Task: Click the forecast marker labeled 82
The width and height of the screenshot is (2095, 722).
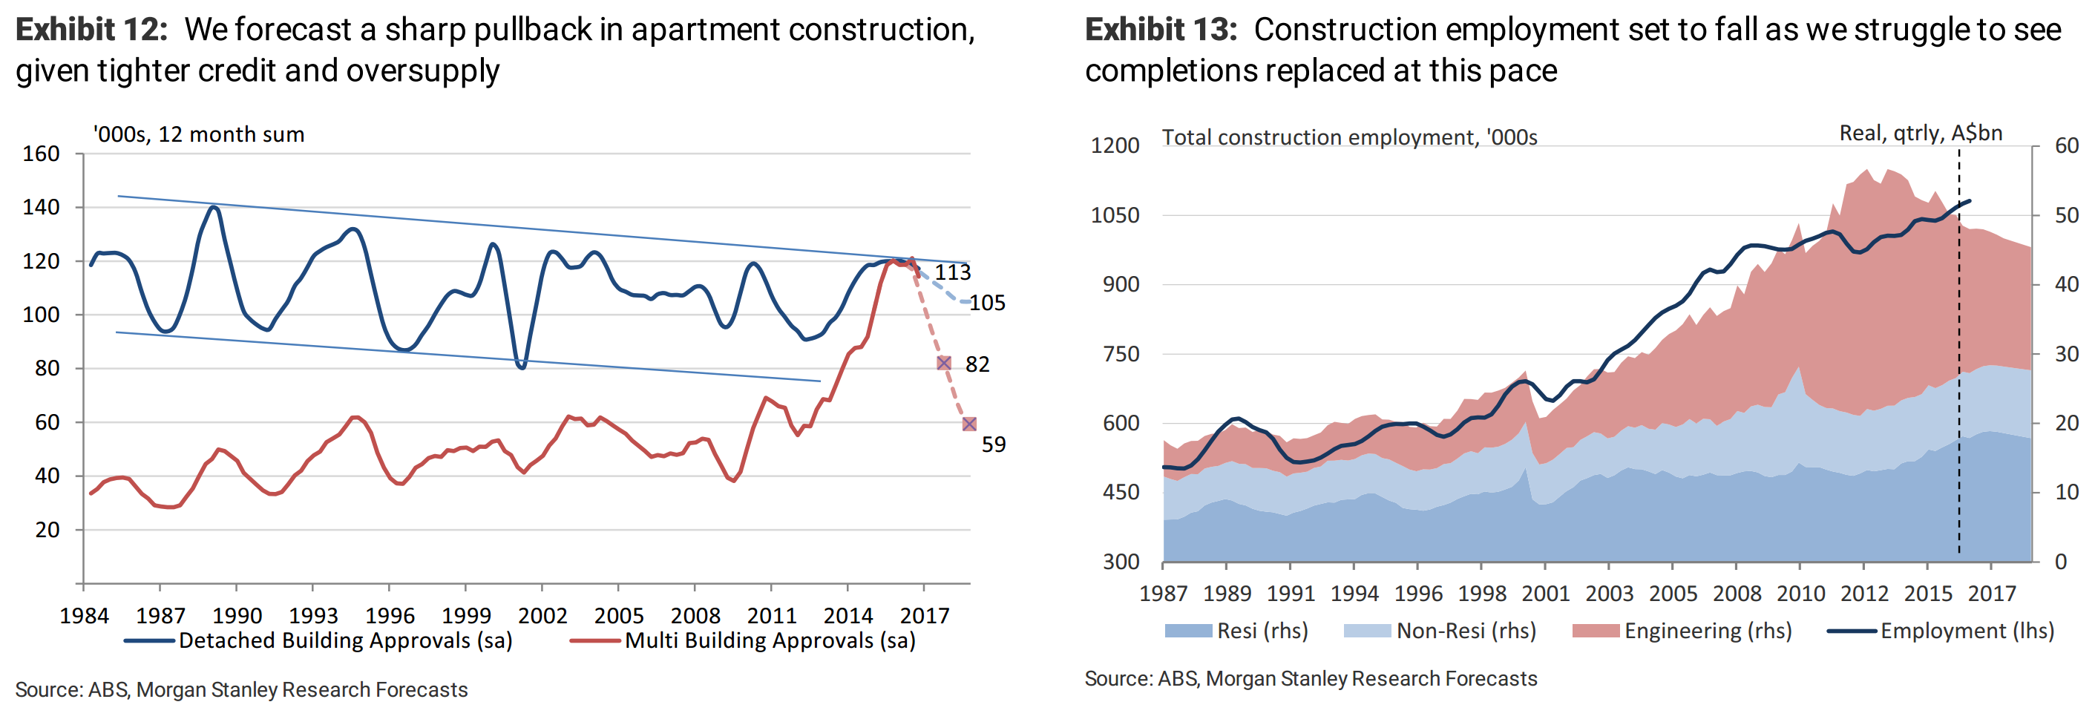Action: tap(943, 363)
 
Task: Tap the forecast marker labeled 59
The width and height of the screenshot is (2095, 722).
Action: tap(968, 424)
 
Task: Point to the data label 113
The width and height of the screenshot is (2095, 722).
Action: tap(952, 272)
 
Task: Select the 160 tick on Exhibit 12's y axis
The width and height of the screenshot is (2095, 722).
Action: tap(42, 154)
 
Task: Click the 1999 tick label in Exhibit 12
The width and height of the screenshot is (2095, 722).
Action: tap(466, 615)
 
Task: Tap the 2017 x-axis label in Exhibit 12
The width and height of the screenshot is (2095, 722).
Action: tap(925, 615)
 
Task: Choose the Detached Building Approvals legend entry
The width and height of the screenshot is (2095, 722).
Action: tap(319, 640)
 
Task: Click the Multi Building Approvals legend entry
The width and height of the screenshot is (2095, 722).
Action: tap(744, 640)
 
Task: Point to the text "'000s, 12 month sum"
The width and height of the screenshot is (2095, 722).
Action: tap(198, 134)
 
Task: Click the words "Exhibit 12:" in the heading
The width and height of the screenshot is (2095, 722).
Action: tap(91, 30)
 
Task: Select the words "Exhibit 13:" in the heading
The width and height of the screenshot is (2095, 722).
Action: tap(1161, 30)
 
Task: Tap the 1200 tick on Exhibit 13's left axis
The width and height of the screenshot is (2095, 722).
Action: tap(1115, 146)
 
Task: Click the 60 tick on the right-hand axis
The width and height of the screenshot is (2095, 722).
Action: tap(2067, 146)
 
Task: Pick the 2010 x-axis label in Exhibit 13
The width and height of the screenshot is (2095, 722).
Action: tap(1800, 594)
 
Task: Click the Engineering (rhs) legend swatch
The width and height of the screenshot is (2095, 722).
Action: tap(1596, 631)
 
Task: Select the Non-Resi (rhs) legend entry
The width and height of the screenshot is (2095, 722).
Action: tap(1440, 631)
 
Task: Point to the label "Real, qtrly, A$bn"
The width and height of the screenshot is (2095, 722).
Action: tap(1921, 134)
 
